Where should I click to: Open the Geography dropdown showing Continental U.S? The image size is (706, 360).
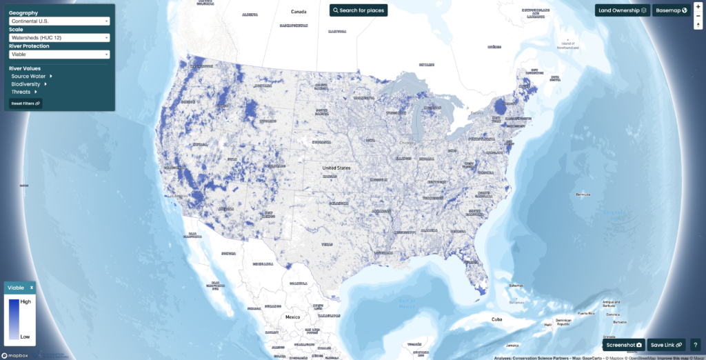(x=59, y=21)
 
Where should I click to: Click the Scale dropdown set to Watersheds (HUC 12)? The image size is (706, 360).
(x=59, y=38)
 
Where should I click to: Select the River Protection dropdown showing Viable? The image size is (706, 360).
(x=59, y=54)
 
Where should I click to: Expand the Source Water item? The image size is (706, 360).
(x=31, y=76)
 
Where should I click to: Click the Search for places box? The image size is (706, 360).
(x=359, y=10)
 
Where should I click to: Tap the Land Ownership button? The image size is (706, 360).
(x=622, y=10)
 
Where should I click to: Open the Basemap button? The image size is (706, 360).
(x=672, y=10)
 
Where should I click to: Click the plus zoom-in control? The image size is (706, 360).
(x=698, y=6)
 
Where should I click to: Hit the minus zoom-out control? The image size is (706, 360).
(x=698, y=15)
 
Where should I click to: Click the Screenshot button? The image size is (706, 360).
(x=624, y=345)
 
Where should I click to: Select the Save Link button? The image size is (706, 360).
(x=666, y=345)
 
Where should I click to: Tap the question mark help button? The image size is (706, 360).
(x=695, y=345)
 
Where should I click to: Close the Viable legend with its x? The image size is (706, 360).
(x=31, y=287)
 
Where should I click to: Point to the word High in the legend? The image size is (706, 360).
(x=26, y=301)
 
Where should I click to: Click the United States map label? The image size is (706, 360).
(x=336, y=168)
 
